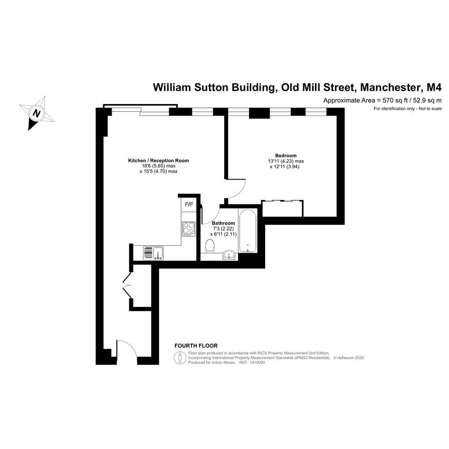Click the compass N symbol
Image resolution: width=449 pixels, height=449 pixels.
point(37,113)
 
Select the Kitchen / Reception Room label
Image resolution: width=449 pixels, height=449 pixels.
point(158,161)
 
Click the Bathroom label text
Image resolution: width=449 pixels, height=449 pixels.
point(223,223)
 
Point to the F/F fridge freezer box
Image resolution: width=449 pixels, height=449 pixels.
point(189,204)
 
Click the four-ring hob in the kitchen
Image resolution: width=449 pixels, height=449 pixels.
point(189,229)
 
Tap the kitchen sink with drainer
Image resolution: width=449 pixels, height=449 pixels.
point(153,253)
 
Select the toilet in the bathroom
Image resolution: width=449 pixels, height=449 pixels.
point(210,246)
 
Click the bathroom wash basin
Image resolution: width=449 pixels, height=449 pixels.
point(229,254)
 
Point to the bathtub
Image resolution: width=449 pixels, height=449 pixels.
point(248,231)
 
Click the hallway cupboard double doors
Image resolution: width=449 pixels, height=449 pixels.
point(126,285)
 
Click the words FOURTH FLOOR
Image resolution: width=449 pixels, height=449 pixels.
point(196,346)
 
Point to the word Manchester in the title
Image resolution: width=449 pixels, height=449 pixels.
point(389,87)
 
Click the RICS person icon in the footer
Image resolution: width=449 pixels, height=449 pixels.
point(180,358)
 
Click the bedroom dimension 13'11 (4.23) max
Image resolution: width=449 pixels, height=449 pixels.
point(286,161)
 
